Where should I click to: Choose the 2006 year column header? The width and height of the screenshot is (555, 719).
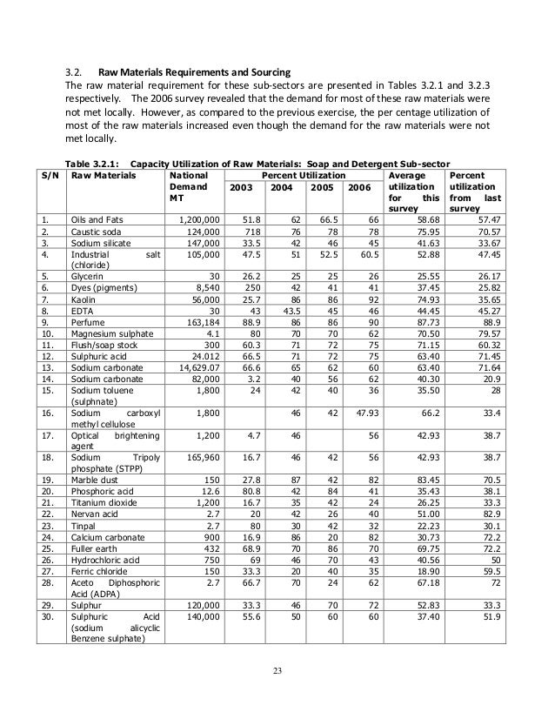tap(357, 188)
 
